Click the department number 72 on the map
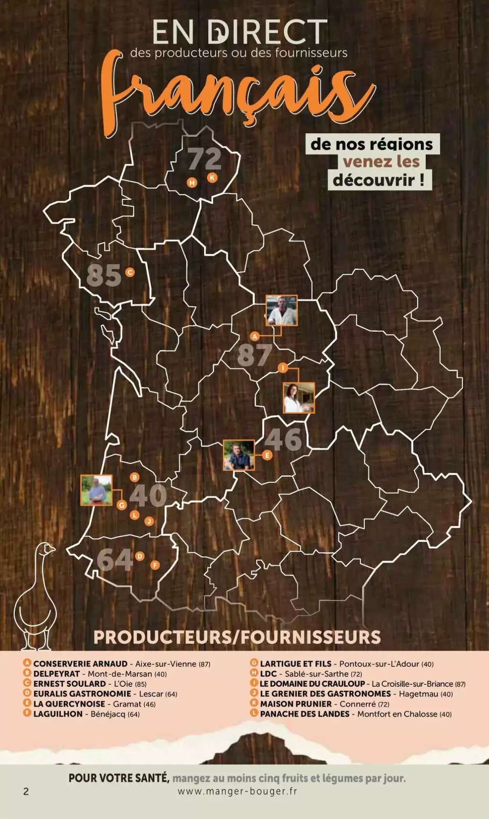coord(204,158)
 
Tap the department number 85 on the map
coord(104,275)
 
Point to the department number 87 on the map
coord(254,355)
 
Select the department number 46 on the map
coord(283,439)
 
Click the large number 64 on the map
coord(115,560)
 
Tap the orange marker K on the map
coord(212,178)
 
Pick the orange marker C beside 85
coord(130,272)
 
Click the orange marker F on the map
coord(155,565)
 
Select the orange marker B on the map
coord(134,477)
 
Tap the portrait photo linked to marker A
coord(282,310)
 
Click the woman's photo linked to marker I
coord(299,398)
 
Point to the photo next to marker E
coord(239,455)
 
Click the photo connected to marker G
coord(96,490)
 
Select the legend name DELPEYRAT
coord(57,674)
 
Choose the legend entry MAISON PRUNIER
coord(295,704)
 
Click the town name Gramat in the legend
coord(127,704)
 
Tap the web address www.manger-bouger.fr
coord(237,791)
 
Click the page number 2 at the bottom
coord(26,791)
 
